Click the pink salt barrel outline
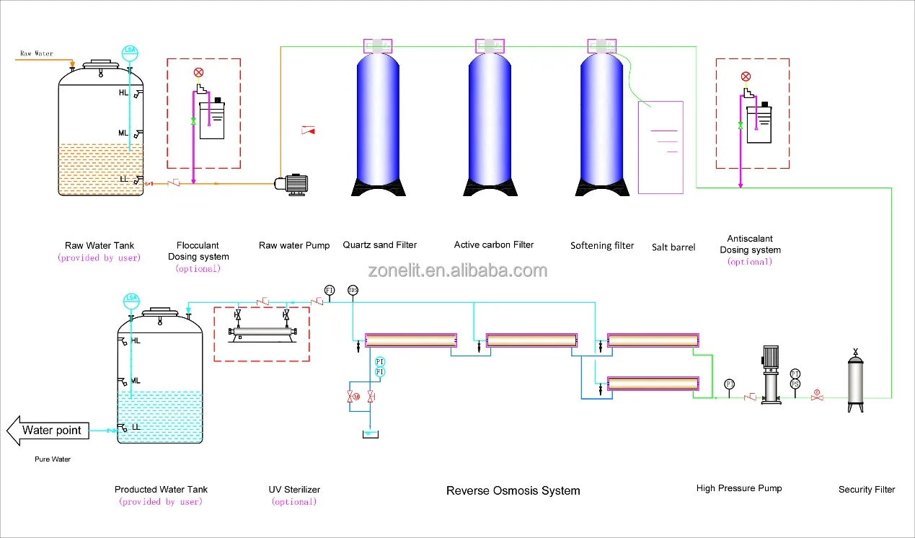(660, 148)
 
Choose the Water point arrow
(48, 431)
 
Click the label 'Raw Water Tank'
(100, 245)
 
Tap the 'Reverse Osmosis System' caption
(513, 490)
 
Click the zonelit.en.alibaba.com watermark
(457, 271)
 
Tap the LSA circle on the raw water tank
(131, 51)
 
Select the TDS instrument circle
(353, 290)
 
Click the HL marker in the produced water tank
(136, 340)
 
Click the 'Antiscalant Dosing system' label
(750, 244)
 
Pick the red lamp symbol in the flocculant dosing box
(199, 73)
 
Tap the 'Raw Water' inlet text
(36, 53)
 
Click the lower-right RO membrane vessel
(653, 384)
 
